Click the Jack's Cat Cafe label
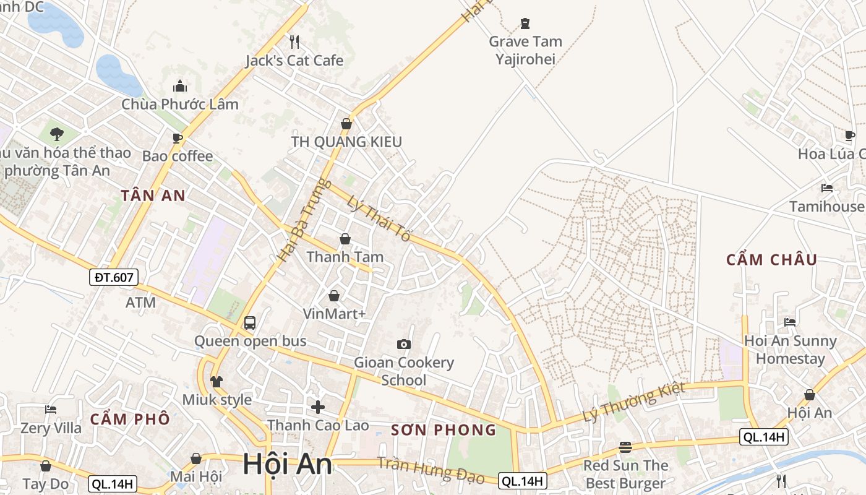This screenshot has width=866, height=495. pyautogui.click(x=294, y=61)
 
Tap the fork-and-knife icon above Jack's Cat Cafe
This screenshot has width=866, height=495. pyautogui.click(x=294, y=41)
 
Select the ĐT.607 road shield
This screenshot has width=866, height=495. pyautogui.click(x=114, y=277)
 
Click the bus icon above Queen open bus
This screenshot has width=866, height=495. pyautogui.click(x=250, y=322)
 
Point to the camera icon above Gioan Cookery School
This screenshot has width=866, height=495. pyautogui.click(x=404, y=344)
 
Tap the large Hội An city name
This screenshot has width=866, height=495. pyautogui.click(x=287, y=464)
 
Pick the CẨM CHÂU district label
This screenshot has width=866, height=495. pyautogui.click(x=771, y=260)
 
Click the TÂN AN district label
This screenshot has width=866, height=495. pyautogui.click(x=153, y=196)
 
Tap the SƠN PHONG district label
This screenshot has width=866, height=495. pyautogui.click(x=444, y=429)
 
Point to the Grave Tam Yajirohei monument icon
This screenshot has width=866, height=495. pyautogui.click(x=525, y=24)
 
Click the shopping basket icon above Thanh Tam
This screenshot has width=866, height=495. pyautogui.click(x=345, y=239)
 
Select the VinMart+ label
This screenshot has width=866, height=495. pyautogui.click(x=334, y=314)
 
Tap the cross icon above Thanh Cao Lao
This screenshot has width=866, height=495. pyautogui.click(x=318, y=407)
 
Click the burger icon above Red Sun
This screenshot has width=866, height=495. pyautogui.click(x=625, y=447)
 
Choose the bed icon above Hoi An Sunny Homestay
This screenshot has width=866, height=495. pyautogui.click(x=789, y=322)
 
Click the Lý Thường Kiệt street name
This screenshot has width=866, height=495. pyautogui.click(x=634, y=402)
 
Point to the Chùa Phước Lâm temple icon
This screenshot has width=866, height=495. pyautogui.click(x=180, y=86)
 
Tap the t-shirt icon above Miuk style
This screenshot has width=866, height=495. pyautogui.click(x=216, y=381)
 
